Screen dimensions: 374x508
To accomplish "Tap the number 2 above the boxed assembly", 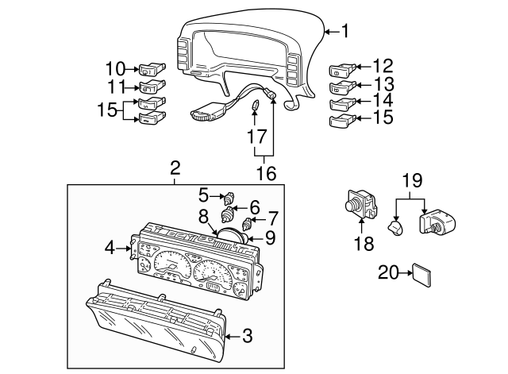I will tap(175, 168).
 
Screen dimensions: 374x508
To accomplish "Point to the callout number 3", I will tap(247, 337).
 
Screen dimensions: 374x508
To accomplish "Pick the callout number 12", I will tap(382, 67).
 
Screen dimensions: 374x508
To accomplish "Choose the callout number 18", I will tap(363, 244).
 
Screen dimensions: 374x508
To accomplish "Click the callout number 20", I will tap(387, 272).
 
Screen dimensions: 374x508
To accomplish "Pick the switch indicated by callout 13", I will tap(339, 87).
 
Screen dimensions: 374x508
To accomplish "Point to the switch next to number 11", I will tap(152, 87).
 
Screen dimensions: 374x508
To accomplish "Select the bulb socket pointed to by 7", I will tap(247, 222).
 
